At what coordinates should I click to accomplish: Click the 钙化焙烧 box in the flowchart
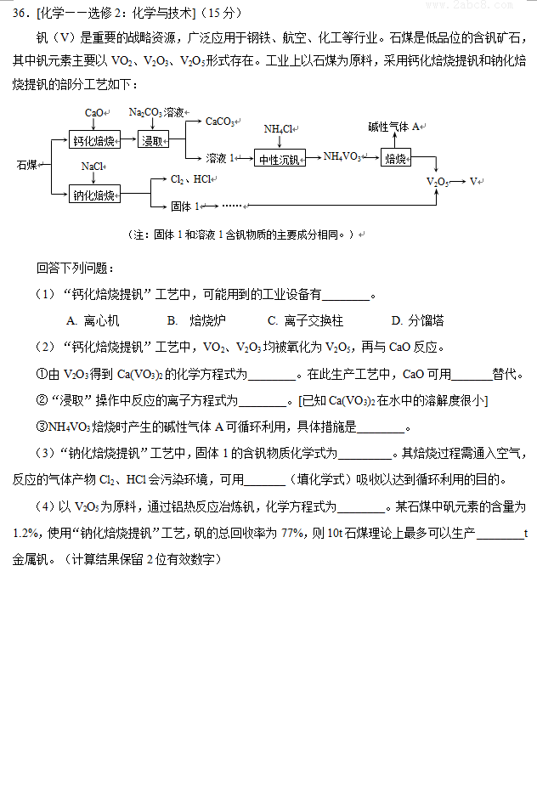93,140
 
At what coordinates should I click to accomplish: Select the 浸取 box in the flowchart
154,140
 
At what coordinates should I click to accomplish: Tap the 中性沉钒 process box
280,159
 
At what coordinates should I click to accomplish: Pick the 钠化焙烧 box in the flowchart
93,195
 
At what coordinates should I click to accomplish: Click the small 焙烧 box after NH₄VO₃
396,158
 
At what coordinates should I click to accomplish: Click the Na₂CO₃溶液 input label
156,112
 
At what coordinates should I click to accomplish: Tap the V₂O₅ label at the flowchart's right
438,181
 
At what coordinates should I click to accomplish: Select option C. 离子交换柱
305,320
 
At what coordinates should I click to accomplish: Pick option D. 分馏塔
417,320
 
